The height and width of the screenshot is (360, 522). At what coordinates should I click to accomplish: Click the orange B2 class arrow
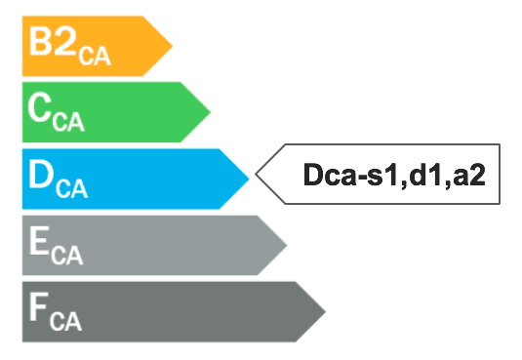tap(93, 45)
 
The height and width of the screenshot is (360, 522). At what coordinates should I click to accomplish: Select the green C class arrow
tap(112, 111)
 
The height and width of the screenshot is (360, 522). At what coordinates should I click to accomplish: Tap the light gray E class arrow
tap(146, 244)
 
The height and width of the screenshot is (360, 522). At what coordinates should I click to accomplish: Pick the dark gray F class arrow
tap(166, 311)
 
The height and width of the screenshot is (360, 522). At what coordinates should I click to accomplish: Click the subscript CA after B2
tap(96, 55)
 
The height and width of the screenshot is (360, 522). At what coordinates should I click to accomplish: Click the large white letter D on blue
tap(42, 176)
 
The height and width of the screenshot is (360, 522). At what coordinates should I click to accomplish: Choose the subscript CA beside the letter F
tap(67, 321)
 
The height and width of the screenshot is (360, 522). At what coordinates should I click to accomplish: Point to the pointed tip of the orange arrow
tap(172, 45)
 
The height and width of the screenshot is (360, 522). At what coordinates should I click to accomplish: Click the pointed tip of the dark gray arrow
tap(325, 311)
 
